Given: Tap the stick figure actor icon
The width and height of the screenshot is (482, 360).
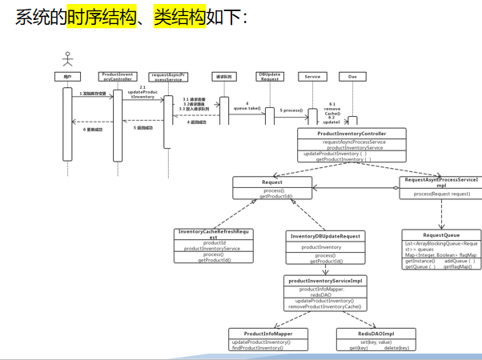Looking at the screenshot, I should [68, 59].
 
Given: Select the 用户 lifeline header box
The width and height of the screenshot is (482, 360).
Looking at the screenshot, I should [68, 77].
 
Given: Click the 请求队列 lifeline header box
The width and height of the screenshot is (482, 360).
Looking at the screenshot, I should [224, 77].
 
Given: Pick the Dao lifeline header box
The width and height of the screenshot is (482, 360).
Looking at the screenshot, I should [352, 77].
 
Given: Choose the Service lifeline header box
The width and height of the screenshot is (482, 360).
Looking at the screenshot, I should [312, 77].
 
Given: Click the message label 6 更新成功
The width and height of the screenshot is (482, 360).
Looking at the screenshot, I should [94, 128].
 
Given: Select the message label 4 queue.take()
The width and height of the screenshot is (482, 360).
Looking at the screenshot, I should [247, 106].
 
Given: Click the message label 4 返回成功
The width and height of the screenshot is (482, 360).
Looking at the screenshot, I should [197, 122].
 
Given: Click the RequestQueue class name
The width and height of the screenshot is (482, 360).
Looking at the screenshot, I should [441, 235].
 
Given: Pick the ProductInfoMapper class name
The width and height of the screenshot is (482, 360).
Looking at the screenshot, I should [268, 334].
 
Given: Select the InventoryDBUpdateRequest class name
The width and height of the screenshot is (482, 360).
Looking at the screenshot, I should [325, 236].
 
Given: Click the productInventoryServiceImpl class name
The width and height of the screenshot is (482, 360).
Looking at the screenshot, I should [326, 281].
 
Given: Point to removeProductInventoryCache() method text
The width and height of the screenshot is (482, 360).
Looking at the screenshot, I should [326, 306].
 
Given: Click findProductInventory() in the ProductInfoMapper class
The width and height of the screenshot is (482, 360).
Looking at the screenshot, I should [261, 348].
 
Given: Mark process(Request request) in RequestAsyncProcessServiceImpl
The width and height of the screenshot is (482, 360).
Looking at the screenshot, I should [442, 194].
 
